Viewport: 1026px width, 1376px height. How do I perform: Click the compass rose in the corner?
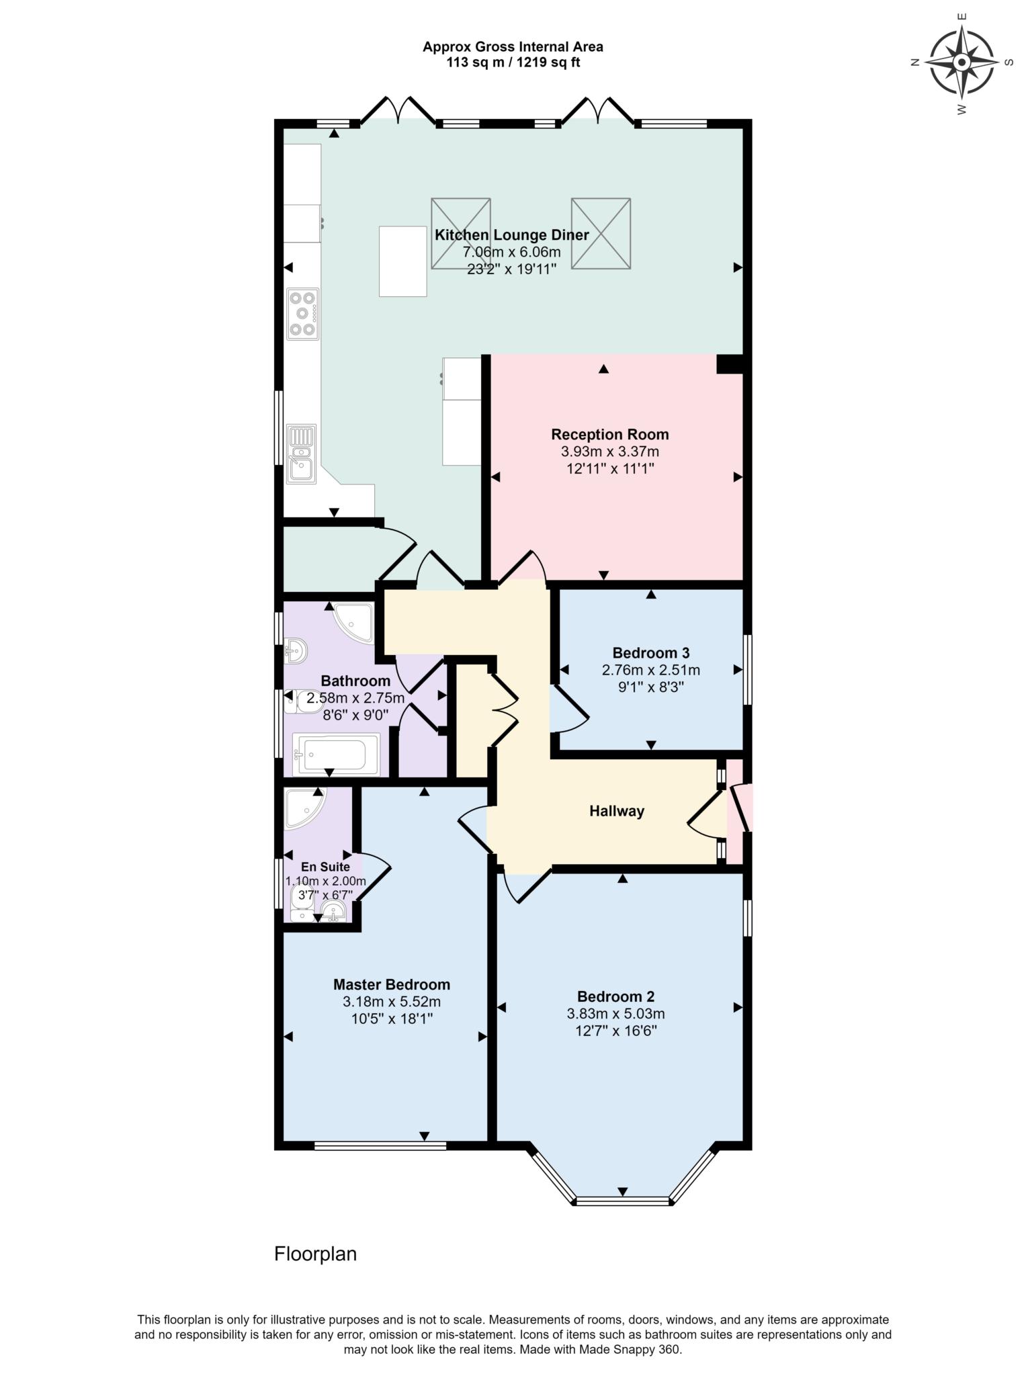click(961, 62)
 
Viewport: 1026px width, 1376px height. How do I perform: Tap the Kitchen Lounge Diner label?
click(511, 235)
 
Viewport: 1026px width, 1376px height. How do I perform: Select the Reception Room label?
click(609, 434)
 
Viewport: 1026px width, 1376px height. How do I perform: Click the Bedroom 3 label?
click(650, 652)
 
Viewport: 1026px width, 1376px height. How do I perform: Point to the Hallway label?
click(616, 811)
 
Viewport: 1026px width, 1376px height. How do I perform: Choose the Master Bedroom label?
click(391, 984)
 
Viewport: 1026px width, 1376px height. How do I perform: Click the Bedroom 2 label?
click(615, 996)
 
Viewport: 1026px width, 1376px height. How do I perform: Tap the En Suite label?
click(325, 867)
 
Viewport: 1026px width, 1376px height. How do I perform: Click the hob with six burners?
click(302, 314)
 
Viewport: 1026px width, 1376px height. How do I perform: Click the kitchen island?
click(402, 261)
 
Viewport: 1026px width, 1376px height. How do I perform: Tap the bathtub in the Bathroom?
click(335, 754)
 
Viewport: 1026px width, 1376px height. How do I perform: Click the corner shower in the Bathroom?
click(356, 621)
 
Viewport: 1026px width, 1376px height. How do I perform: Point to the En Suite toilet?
click(301, 904)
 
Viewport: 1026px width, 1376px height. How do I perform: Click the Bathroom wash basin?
click(296, 650)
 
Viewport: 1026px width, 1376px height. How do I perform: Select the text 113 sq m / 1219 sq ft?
click(513, 62)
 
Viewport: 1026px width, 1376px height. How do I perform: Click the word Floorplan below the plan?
click(315, 1254)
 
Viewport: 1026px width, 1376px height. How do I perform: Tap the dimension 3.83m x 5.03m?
click(615, 1014)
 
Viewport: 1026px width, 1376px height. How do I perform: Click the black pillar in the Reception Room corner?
click(729, 364)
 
